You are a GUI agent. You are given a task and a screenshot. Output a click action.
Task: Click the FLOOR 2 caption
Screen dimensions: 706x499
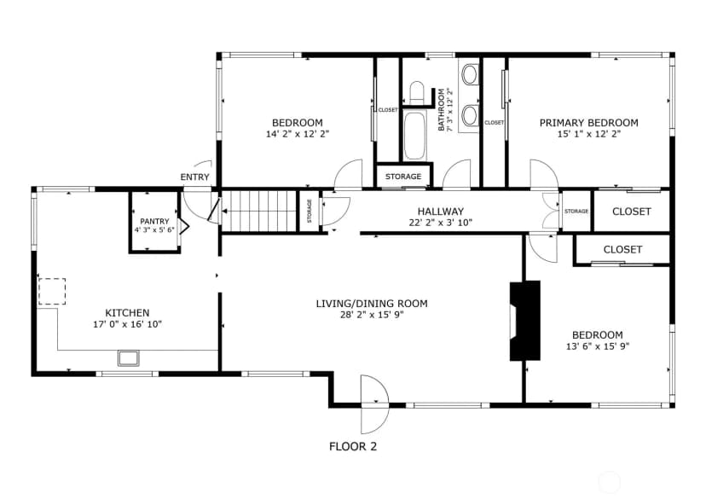pos(353,447)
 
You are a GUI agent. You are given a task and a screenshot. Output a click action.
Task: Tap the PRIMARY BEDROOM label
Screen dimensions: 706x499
pos(589,123)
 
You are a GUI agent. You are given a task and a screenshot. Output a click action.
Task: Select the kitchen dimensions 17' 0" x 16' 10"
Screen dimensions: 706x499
pos(127,324)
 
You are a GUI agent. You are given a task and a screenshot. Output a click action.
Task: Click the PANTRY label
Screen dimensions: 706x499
pos(154,221)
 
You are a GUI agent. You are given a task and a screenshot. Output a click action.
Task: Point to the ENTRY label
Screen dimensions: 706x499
pos(195,177)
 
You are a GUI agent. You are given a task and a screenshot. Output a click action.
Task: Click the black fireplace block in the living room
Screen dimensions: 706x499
pos(524,321)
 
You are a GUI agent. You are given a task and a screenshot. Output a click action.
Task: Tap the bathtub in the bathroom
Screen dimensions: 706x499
pos(414,136)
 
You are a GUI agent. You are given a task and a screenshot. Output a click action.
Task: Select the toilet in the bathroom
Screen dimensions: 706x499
pos(417,91)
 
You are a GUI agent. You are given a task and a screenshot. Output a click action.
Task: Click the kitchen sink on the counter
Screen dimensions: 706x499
pos(129,358)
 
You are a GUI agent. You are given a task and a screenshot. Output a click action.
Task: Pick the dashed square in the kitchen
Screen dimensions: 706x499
pos(52,292)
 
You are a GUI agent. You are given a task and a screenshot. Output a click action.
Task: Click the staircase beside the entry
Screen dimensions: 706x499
pos(259,211)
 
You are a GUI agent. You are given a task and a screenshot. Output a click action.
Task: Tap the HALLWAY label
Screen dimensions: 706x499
pos(440,212)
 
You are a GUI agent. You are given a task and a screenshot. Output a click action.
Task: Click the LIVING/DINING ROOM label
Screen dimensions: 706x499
pos(372,304)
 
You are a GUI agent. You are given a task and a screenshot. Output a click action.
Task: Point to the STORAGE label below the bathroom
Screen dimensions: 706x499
pos(403,177)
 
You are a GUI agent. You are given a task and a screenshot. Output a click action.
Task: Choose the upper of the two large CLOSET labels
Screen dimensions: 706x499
pos(632,212)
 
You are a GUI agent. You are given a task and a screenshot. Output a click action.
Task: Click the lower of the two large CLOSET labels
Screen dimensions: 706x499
pos(622,249)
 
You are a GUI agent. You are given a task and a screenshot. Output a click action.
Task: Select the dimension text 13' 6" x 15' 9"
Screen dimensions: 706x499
pos(598,346)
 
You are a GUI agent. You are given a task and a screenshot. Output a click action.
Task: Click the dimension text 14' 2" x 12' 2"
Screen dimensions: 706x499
pos(298,134)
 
